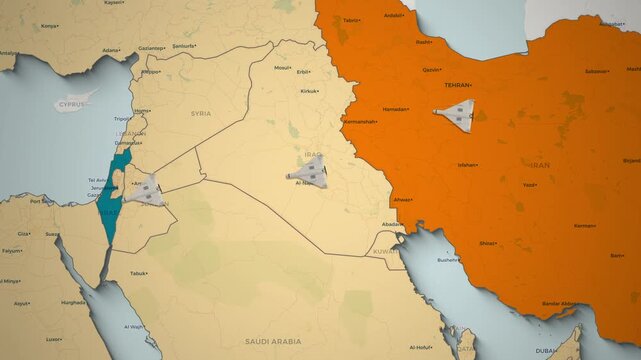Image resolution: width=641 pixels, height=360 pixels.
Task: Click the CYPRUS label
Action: click(71, 103)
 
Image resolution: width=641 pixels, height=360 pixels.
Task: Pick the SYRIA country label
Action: click(201, 114)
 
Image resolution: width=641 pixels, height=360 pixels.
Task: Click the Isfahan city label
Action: click(467, 164)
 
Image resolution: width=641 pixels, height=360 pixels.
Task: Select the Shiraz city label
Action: click(488, 243)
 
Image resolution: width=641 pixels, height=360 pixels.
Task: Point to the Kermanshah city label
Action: click(361, 121)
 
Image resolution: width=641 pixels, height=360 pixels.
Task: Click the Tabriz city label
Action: click(351, 20)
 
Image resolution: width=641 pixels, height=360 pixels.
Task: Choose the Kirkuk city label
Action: click(308, 91)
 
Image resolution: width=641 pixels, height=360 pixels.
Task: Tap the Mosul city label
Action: click(282, 68)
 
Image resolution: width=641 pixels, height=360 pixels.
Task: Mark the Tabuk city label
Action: click(138, 273)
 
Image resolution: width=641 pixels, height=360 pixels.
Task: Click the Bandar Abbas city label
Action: click(559, 303)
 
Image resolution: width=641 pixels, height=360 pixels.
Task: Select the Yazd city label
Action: click(529, 185)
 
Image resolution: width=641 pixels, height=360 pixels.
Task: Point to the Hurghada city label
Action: click(73, 301)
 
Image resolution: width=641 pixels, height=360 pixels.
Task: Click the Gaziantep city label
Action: click(151, 48)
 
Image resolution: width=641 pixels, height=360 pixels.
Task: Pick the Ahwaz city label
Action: click(402, 200)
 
